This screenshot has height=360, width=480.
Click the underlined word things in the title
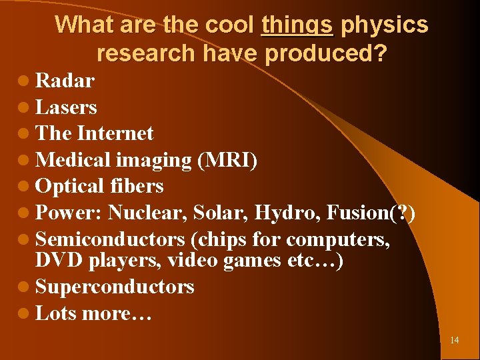point(297,25)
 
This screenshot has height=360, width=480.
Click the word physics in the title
point(384,25)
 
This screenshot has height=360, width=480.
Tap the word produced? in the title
point(325,52)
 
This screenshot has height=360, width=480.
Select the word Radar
point(65,81)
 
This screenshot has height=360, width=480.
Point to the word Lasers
point(66,107)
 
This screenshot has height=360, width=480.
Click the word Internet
point(115,133)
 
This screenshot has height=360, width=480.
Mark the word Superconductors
point(115,287)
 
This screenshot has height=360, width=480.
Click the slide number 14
point(454,340)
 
